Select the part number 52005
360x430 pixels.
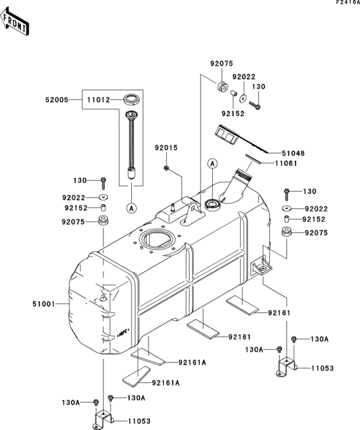click(57, 100)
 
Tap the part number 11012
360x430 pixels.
click(98, 100)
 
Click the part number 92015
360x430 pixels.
click(165, 148)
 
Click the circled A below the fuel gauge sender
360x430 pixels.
click(132, 207)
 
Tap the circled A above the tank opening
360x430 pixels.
click(211, 165)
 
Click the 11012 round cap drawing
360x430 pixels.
click(132, 99)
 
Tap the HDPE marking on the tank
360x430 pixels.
click(123, 333)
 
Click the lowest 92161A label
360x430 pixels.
click(166, 382)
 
